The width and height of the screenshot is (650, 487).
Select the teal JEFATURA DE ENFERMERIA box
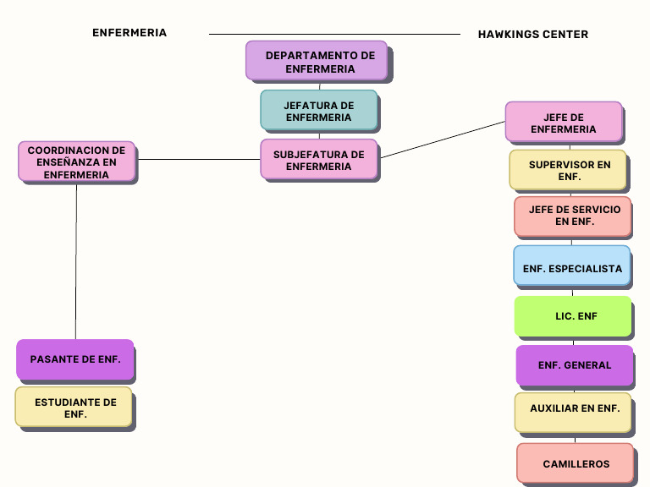318,110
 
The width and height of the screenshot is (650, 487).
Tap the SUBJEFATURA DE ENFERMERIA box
318,159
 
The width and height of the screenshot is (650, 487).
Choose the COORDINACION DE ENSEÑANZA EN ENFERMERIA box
76,161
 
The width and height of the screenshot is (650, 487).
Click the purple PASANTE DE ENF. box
75,359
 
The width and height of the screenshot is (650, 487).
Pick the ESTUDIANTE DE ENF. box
75,408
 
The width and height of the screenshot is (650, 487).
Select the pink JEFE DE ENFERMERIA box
564,123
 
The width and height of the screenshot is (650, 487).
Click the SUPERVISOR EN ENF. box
568,170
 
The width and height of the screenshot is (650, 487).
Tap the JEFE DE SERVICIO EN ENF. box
573,216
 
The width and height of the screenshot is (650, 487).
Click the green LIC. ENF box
573,316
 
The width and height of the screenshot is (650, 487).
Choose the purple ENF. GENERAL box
575,365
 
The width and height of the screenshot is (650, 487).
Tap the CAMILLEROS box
576,463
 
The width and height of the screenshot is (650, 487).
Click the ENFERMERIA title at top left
129,33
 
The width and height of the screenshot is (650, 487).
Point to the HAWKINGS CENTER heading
532,35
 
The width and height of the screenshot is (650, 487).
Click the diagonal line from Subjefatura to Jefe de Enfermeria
442,140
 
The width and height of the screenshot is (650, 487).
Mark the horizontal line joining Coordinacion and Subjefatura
198,159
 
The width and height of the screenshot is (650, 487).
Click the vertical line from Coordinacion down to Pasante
76,262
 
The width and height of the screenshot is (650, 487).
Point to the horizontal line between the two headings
334,34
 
